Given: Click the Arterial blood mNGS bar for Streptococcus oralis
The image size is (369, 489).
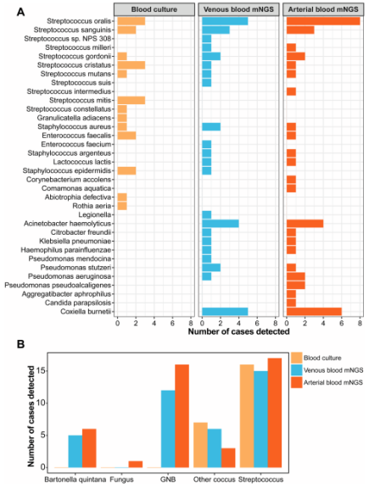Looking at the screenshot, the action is pos(323,21).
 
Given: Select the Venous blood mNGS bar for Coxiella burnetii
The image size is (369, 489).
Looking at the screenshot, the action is pos(225,311).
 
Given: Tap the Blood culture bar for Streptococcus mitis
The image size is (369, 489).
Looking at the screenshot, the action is pos(131,100).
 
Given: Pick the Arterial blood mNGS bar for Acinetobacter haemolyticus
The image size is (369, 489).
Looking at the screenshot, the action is pos(305,223).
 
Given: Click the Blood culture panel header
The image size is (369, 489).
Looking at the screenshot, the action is pos(154,9).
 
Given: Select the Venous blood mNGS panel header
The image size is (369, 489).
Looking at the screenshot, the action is pos(239,9).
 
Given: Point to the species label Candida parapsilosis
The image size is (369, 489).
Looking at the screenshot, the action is pos(78,303).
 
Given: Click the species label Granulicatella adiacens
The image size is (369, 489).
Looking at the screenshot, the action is pos(74,118).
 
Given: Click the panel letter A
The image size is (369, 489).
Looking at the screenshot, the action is pos(20,12).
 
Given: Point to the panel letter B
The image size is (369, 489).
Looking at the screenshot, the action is pos(20,345).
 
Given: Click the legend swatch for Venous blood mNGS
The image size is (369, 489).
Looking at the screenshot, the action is pos(297,370).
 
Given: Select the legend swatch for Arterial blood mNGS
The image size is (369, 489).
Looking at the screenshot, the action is pos(297,382).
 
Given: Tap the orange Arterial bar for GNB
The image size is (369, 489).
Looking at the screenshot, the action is pos(182,416).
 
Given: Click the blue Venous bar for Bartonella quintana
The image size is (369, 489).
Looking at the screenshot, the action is pos(75,451).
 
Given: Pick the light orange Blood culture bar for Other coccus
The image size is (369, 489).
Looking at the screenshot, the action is pos(200,445).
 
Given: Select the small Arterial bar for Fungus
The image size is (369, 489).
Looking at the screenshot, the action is pos(136,464).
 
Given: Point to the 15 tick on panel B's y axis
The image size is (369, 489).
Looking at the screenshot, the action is pos(41,371).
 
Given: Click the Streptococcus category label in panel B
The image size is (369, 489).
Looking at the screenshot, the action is pos(260,480).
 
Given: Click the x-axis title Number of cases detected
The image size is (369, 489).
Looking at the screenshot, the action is pos(238,331).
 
